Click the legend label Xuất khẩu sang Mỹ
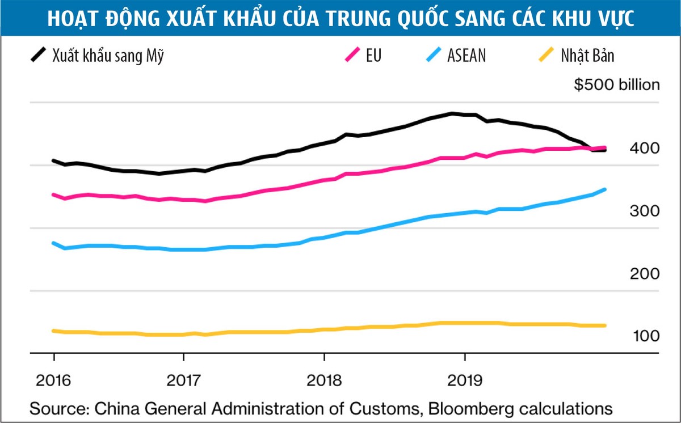108,57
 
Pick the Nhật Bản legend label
587,57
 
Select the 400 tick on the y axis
645,149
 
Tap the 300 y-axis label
645,211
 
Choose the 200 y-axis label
645,274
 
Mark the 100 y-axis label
645,336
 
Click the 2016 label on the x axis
54,379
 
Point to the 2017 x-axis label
183,379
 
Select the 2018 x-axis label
324,379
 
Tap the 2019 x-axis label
465,379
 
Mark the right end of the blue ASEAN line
605,189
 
